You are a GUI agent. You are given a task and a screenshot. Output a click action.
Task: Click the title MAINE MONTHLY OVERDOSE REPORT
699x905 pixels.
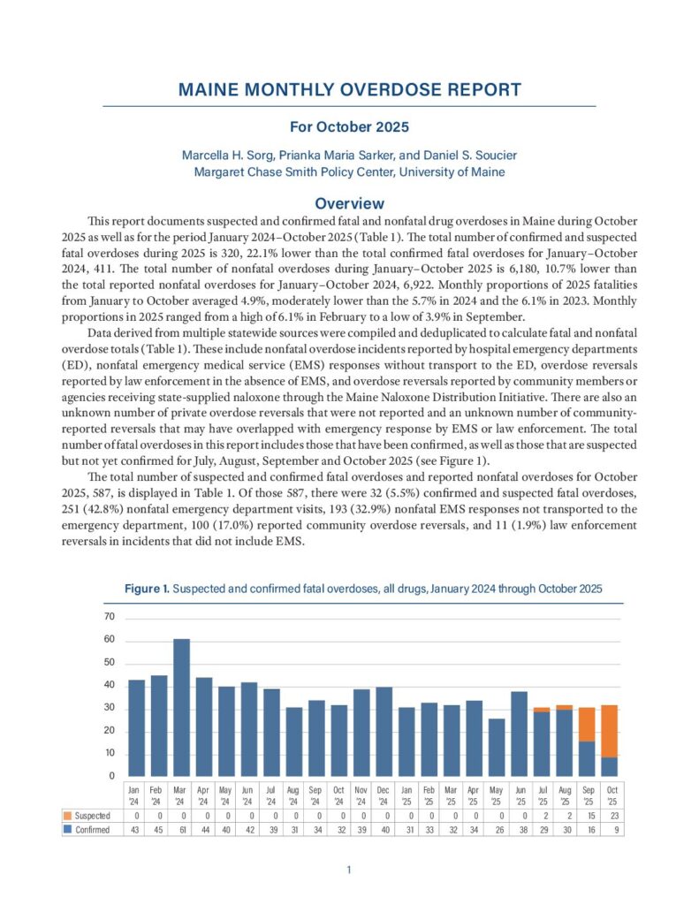(x=349, y=90)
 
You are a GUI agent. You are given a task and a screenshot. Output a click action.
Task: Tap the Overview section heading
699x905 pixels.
(x=349, y=203)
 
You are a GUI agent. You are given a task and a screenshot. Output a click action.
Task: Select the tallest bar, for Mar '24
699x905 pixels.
(x=181, y=707)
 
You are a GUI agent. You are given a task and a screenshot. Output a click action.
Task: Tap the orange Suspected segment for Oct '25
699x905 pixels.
(x=610, y=731)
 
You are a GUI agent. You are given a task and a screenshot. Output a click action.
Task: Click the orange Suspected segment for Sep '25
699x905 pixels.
(x=587, y=724)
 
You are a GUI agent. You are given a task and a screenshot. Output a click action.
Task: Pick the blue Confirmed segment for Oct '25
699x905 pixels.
(x=610, y=766)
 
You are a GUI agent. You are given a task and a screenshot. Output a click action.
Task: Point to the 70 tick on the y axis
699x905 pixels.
(x=110, y=617)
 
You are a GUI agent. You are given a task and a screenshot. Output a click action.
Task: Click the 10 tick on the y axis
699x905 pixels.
(x=110, y=753)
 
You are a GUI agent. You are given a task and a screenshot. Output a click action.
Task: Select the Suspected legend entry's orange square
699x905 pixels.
(x=67, y=815)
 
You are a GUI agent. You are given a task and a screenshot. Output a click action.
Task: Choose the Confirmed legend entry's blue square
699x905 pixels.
(x=67, y=830)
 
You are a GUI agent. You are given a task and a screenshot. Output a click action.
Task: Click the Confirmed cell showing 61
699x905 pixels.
(x=181, y=830)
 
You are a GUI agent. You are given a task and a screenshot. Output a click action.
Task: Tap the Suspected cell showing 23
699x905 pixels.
(x=610, y=815)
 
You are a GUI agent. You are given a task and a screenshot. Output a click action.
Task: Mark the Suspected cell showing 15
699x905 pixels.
(x=587, y=815)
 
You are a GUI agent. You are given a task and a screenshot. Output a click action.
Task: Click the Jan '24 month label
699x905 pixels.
(x=135, y=794)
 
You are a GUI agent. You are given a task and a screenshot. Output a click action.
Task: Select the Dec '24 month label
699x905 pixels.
(x=384, y=794)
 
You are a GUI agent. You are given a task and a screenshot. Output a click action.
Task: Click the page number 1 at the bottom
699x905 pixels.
(x=349, y=871)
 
